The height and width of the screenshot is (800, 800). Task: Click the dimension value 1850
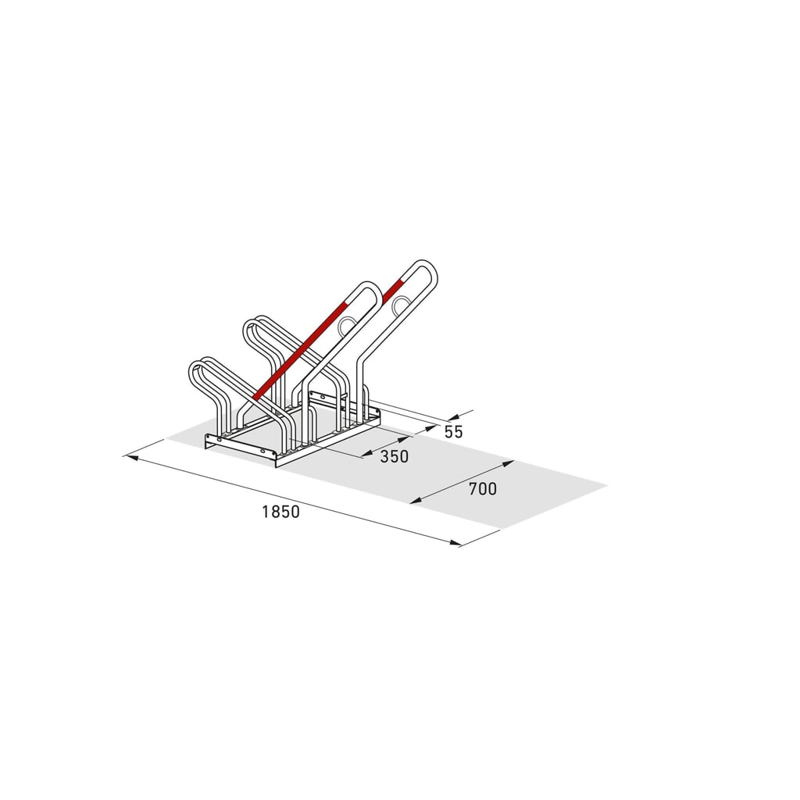(x=280, y=511)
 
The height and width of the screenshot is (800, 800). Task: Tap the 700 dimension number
(x=483, y=489)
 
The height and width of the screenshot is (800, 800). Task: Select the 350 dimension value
(x=395, y=456)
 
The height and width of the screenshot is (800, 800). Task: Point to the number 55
(x=454, y=431)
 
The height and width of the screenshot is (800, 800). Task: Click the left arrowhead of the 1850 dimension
(x=131, y=457)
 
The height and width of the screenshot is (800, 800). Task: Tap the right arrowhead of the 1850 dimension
(x=454, y=542)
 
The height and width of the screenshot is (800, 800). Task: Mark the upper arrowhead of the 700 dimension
(x=508, y=463)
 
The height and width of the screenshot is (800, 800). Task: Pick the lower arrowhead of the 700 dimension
(x=416, y=501)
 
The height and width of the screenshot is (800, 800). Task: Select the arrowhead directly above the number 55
(x=454, y=416)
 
